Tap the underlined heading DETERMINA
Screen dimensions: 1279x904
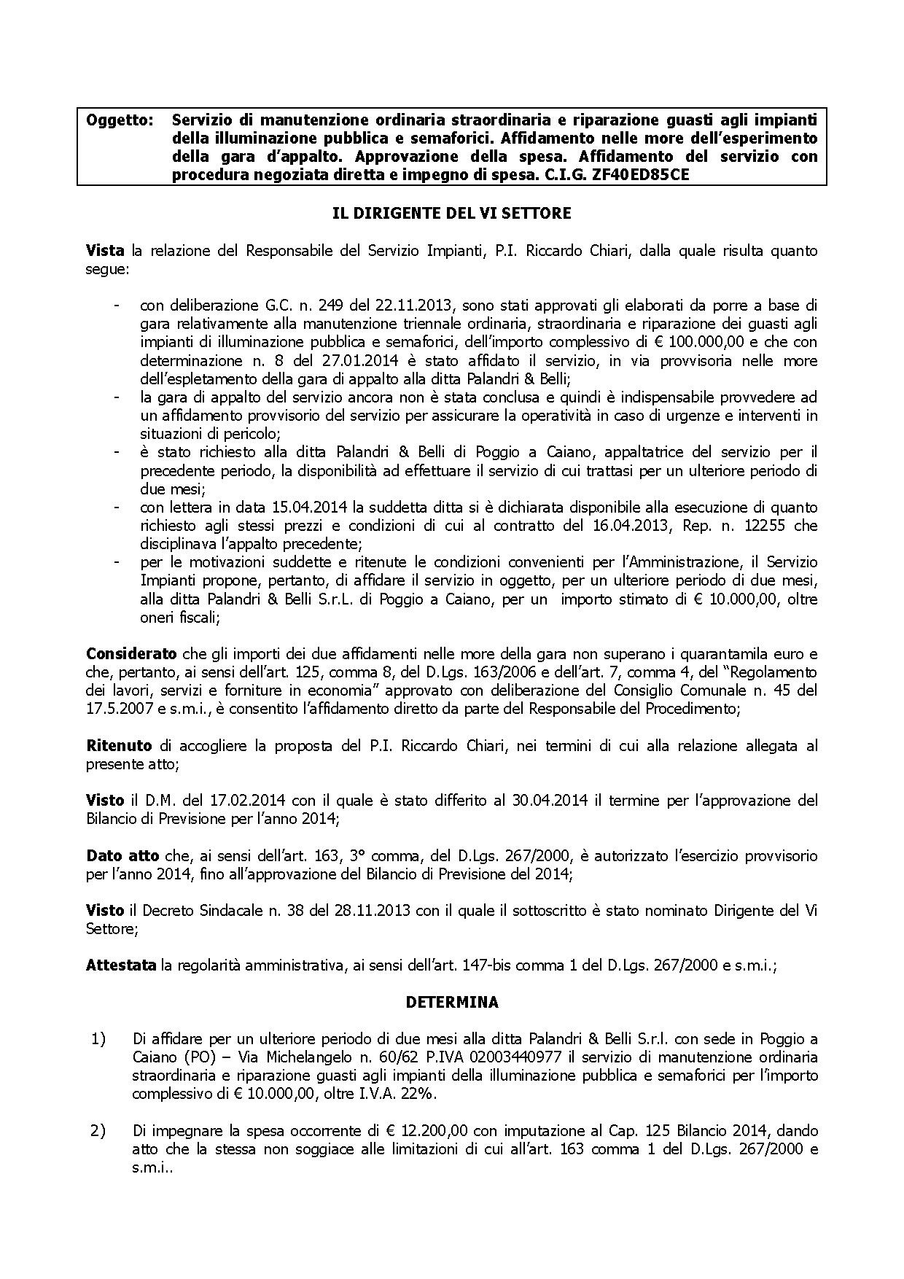[451, 1002]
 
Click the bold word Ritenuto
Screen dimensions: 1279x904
[119, 745]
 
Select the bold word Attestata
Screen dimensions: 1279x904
[121, 965]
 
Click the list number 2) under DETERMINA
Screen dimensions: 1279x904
[98, 1131]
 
